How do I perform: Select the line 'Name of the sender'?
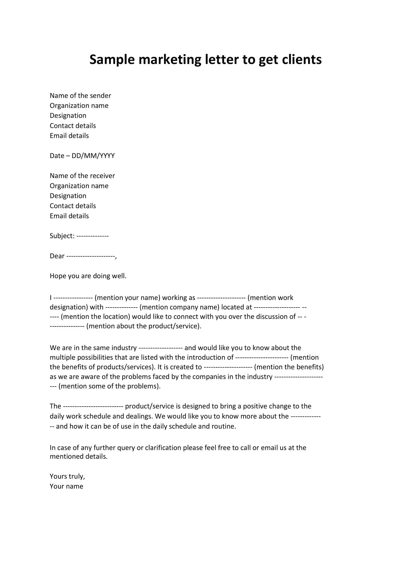tap(80, 96)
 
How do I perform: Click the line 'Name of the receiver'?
tap(82, 176)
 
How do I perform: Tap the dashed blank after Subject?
tap(92, 236)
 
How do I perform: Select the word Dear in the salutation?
tap(57, 256)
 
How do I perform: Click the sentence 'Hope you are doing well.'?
tap(88, 276)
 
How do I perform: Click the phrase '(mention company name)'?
tap(179, 307)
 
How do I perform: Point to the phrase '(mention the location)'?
tap(95, 317)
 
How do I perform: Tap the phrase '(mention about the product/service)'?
tap(143, 326)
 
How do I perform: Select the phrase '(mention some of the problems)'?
tap(109, 386)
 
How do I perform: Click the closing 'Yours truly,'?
tap(67, 476)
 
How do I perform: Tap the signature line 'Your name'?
tap(66, 486)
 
